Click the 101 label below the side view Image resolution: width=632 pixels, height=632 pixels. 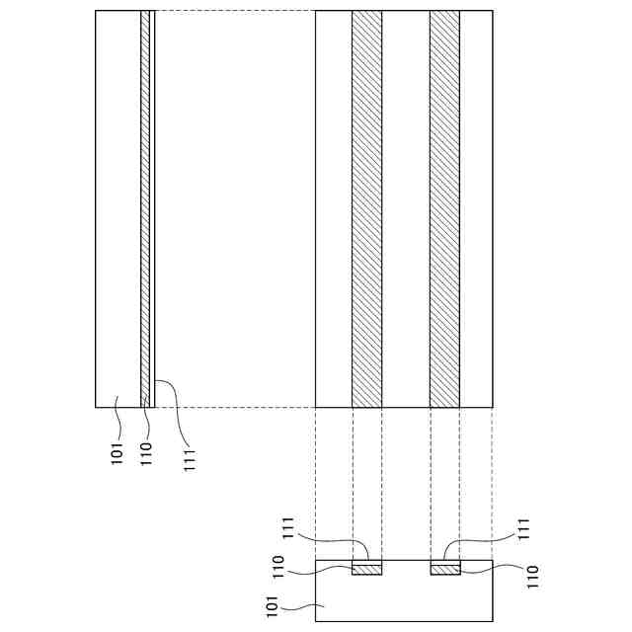(117, 454)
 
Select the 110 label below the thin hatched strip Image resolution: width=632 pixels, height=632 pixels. (146, 454)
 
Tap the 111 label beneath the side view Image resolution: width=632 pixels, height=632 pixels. (189, 460)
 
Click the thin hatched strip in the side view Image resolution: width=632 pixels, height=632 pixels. (145, 208)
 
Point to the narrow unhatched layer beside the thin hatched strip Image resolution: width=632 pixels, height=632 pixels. (152, 208)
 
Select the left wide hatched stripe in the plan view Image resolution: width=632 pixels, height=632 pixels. (366, 208)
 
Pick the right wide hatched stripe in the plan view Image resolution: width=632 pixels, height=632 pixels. (444, 208)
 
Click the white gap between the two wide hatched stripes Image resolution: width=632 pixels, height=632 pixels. (406, 208)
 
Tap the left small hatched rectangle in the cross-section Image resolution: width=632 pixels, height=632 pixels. (366, 570)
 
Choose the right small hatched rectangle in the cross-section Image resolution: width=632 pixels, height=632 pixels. (445, 570)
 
